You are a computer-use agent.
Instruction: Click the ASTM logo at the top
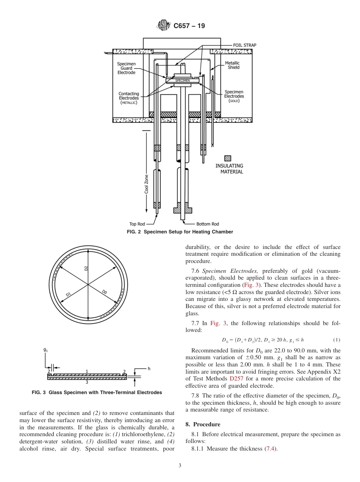coord(164,26)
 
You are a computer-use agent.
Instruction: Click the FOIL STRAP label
coord(244,45)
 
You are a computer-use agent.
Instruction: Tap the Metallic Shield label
coord(232,65)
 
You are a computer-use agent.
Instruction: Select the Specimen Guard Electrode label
coord(126,68)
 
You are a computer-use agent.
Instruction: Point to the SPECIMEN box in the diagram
coord(183,81)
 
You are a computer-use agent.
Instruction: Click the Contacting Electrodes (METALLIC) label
coord(129,98)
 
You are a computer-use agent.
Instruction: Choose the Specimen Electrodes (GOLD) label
coord(234,96)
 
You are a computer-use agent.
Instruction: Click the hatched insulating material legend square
coord(228,158)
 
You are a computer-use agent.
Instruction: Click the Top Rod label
coord(138,224)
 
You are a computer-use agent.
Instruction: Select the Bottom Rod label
coord(207,224)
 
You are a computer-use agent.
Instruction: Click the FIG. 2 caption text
coord(180,232)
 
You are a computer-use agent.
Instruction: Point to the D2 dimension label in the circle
coord(86,268)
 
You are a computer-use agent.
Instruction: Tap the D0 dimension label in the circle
coord(105,292)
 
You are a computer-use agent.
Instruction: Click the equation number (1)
coord(336,340)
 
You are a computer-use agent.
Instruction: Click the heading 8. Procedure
coord(202,424)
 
